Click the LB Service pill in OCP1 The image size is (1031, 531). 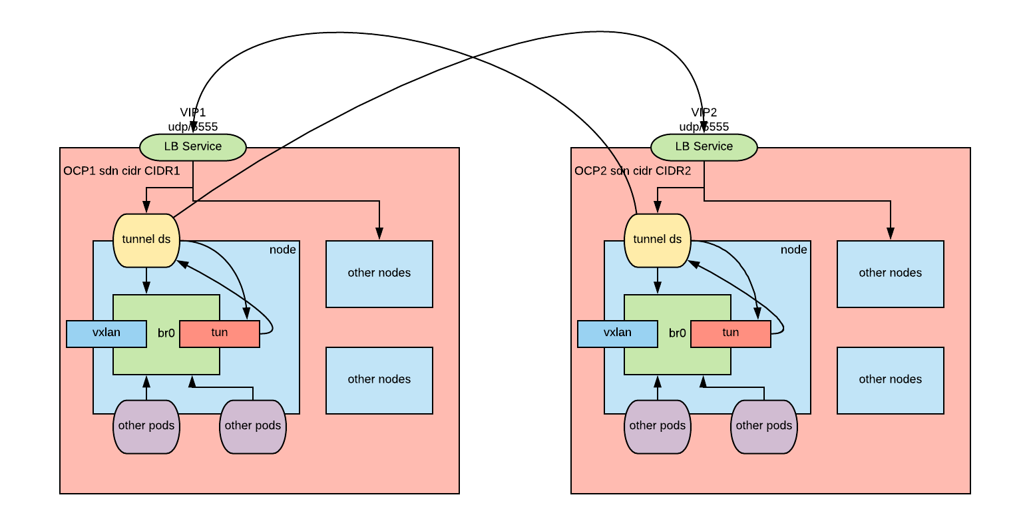pos(193,147)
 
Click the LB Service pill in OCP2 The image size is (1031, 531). pos(704,147)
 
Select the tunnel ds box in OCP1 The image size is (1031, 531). pos(146,240)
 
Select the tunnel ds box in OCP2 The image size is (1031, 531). pos(658,240)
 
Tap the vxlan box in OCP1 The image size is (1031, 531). pos(106,333)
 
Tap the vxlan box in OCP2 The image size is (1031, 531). pos(618,333)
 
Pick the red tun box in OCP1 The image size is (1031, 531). pos(220,333)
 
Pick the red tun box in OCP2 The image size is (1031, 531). pos(731,333)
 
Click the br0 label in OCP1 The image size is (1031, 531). pos(166,333)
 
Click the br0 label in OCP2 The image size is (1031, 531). pos(678,333)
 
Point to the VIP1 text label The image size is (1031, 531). pos(193,112)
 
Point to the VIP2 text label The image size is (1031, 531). pos(704,112)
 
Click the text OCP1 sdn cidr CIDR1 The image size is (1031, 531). pos(122,171)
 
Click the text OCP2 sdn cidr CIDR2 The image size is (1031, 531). pos(633,171)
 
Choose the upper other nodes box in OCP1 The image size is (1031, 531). pos(379,273)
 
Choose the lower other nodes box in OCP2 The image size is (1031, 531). pos(891,380)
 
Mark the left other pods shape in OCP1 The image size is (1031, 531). pos(146,427)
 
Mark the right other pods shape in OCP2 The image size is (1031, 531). pos(764,427)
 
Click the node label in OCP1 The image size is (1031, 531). pos(283,250)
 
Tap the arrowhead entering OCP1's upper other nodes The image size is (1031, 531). pos(379,234)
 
